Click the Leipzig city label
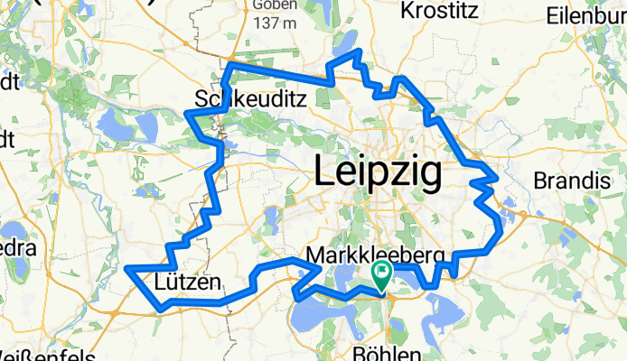point(378,171)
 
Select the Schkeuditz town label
point(250,97)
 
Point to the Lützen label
point(187,283)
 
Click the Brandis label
point(571,180)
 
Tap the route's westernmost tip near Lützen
point(127,268)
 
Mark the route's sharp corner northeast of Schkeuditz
point(230,65)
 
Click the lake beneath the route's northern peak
point(346,43)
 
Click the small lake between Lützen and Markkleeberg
point(269,218)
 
